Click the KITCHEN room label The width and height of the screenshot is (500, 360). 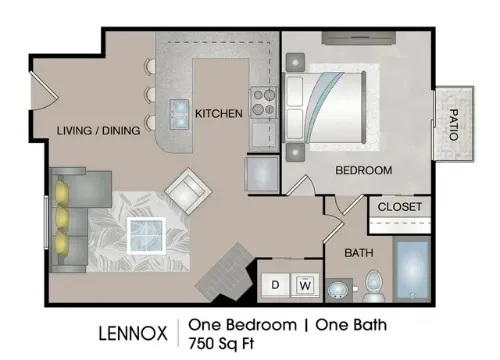click(219, 114)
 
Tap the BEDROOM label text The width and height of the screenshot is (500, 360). click(364, 170)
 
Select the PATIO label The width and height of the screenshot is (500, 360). click(454, 125)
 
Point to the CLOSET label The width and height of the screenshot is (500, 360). click(400, 207)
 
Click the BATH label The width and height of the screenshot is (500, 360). click(359, 253)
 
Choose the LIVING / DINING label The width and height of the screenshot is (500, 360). click(98, 130)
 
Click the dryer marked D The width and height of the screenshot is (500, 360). click(276, 285)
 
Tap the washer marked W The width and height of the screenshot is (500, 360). click(305, 285)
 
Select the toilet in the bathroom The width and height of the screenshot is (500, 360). click(374, 286)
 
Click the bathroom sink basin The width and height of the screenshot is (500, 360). click(337, 290)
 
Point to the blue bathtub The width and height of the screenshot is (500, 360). click(412, 270)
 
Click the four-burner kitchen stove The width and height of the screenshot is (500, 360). click(264, 102)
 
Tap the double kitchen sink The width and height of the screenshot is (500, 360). click(180, 114)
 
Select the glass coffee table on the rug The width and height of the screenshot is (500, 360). click(146, 236)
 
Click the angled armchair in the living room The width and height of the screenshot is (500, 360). click(188, 191)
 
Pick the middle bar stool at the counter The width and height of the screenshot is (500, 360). click(150, 95)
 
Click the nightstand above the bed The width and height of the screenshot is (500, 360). click(295, 62)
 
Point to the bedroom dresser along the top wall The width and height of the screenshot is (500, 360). click(359, 38)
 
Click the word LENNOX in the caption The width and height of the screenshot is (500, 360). click(133, 333)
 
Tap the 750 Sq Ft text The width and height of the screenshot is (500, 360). click(221, 343)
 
